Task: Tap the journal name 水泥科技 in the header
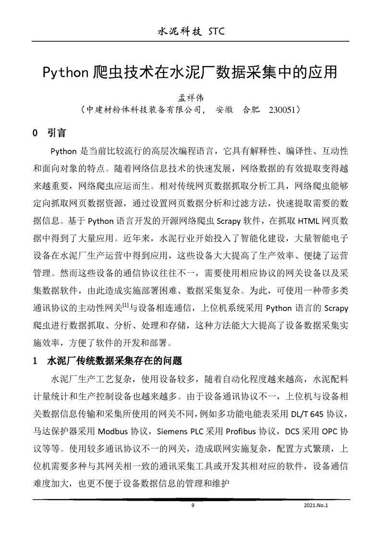coord(179,32)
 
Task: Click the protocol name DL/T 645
coord(307,414)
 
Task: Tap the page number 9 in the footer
coord(193,505)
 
